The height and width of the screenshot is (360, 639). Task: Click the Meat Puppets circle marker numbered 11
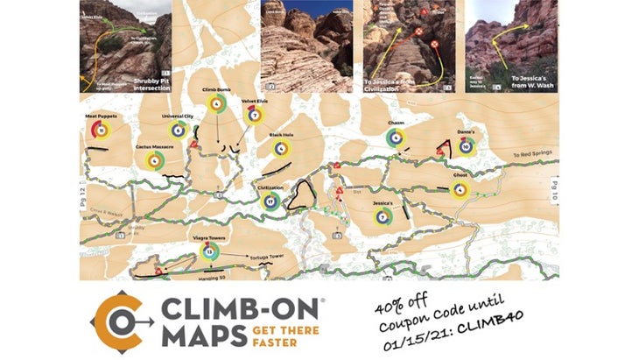click(x=102, y=131)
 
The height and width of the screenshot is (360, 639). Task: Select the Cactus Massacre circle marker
click(x=155, y=159)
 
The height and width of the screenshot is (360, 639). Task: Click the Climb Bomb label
click(x=214, y=89)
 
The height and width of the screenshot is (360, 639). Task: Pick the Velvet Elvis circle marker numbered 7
click(x=254, y=115)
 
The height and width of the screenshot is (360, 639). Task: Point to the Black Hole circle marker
click(x=281, y=149)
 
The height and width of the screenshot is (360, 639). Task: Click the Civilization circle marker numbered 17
click(x=270, y=201)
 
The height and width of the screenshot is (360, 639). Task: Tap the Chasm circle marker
click(x=397, y=138)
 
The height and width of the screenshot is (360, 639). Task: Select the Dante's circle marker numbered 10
click(x=467, y=145)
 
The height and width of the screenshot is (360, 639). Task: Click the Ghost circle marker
click(x=460, y=188)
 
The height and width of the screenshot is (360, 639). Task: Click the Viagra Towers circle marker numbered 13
click(x=208, y=252)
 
